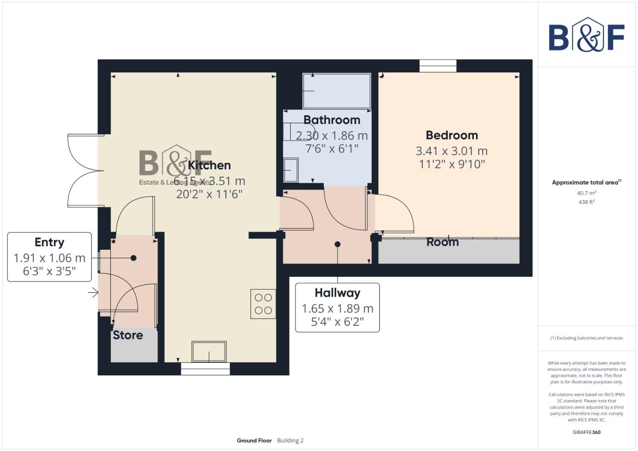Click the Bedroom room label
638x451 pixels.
tap(452, 135)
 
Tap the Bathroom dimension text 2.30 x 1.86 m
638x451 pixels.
tap(332, 136)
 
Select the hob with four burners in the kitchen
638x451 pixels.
tap(263, 304)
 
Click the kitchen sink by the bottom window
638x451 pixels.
tap(209, 352)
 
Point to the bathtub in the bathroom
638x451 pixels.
tap(337, 91)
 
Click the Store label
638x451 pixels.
tap(128, 335)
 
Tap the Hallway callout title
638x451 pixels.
tap(337, 293)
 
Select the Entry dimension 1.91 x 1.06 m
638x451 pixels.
tap(49, 258)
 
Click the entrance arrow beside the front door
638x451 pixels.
tap(93, 293)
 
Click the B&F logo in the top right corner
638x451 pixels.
tap(587, 35)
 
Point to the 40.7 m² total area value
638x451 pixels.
tap(586, 193)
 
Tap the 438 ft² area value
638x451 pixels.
tap(586, 202)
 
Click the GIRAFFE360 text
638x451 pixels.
tap(586, 432)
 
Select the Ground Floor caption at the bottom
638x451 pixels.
tap(254, 441)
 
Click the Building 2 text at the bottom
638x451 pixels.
tap(290, 441)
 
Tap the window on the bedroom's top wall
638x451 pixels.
tap(438, 66)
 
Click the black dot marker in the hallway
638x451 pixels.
tap(338, 244)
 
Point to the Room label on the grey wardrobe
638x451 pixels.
tap(442, 243)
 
